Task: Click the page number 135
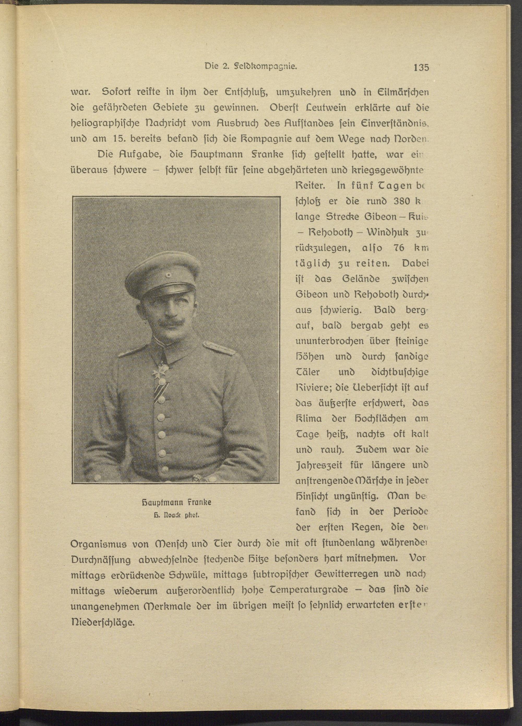tap(421, 68)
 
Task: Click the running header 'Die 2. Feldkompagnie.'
tap(251, 67)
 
